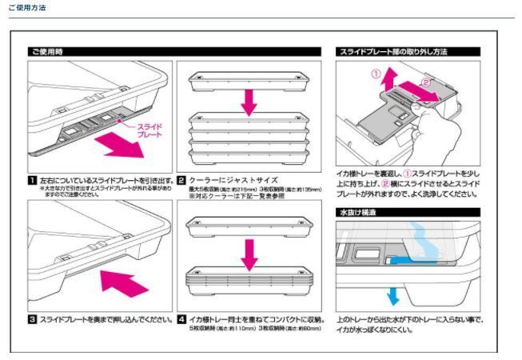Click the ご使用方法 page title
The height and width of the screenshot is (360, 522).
[x=26, y=8]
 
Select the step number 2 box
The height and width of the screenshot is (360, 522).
[x=181, y=181]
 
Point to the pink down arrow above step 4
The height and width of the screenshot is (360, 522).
[x=249, y=250]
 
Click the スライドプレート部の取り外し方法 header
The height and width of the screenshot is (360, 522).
[x=408, y=50]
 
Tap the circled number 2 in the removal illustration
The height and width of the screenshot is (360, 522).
[x=426, y=82]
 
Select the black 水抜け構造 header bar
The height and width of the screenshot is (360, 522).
[x=408, y=212]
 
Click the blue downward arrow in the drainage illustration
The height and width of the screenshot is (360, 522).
[x=392, y=296]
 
